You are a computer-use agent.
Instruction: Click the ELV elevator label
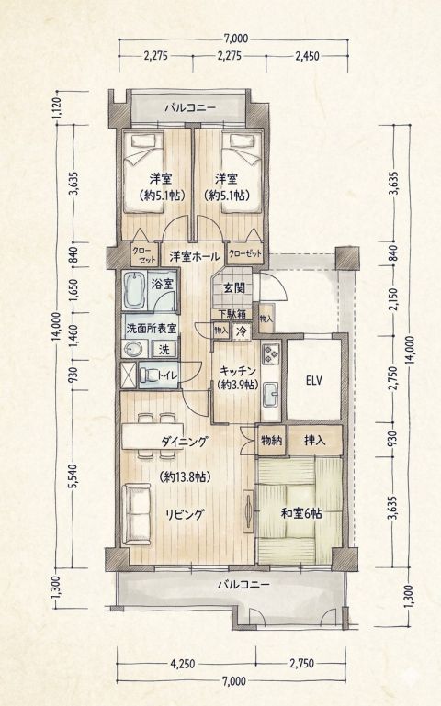point(313,381)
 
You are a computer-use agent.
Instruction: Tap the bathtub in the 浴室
point(134,290)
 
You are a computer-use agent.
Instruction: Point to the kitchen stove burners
point(271,353)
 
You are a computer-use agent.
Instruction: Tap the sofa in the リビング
point(136,514)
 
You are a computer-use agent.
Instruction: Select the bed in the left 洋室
point(141,173)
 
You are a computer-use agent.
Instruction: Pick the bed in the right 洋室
point(243,173)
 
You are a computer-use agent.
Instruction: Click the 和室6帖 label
point(301,513)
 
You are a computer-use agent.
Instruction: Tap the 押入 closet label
point(314,440)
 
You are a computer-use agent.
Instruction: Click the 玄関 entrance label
point(234,288)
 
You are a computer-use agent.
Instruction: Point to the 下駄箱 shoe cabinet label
point(232,314)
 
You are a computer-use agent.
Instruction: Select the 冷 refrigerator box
point(242,331)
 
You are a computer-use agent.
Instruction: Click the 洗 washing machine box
point(164,349)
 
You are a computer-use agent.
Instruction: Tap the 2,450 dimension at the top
point(307,56)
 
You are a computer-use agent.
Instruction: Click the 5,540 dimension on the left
point(74,476)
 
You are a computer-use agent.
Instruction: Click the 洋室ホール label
point(195,257)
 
